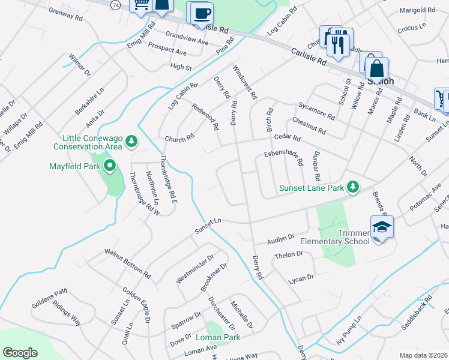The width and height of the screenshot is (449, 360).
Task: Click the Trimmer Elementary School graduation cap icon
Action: pyautogui.click(x=381, y=227)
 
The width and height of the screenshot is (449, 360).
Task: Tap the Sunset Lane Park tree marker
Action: pyautogui.click(x=354, y=187)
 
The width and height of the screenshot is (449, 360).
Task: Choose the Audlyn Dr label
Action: pyautogui.click(x=281, y=238)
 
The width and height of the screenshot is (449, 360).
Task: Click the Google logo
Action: pyautogui.click(x=20, y=353)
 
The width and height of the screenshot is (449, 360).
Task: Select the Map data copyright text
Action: pyautogui.click(x=423, y=355)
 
